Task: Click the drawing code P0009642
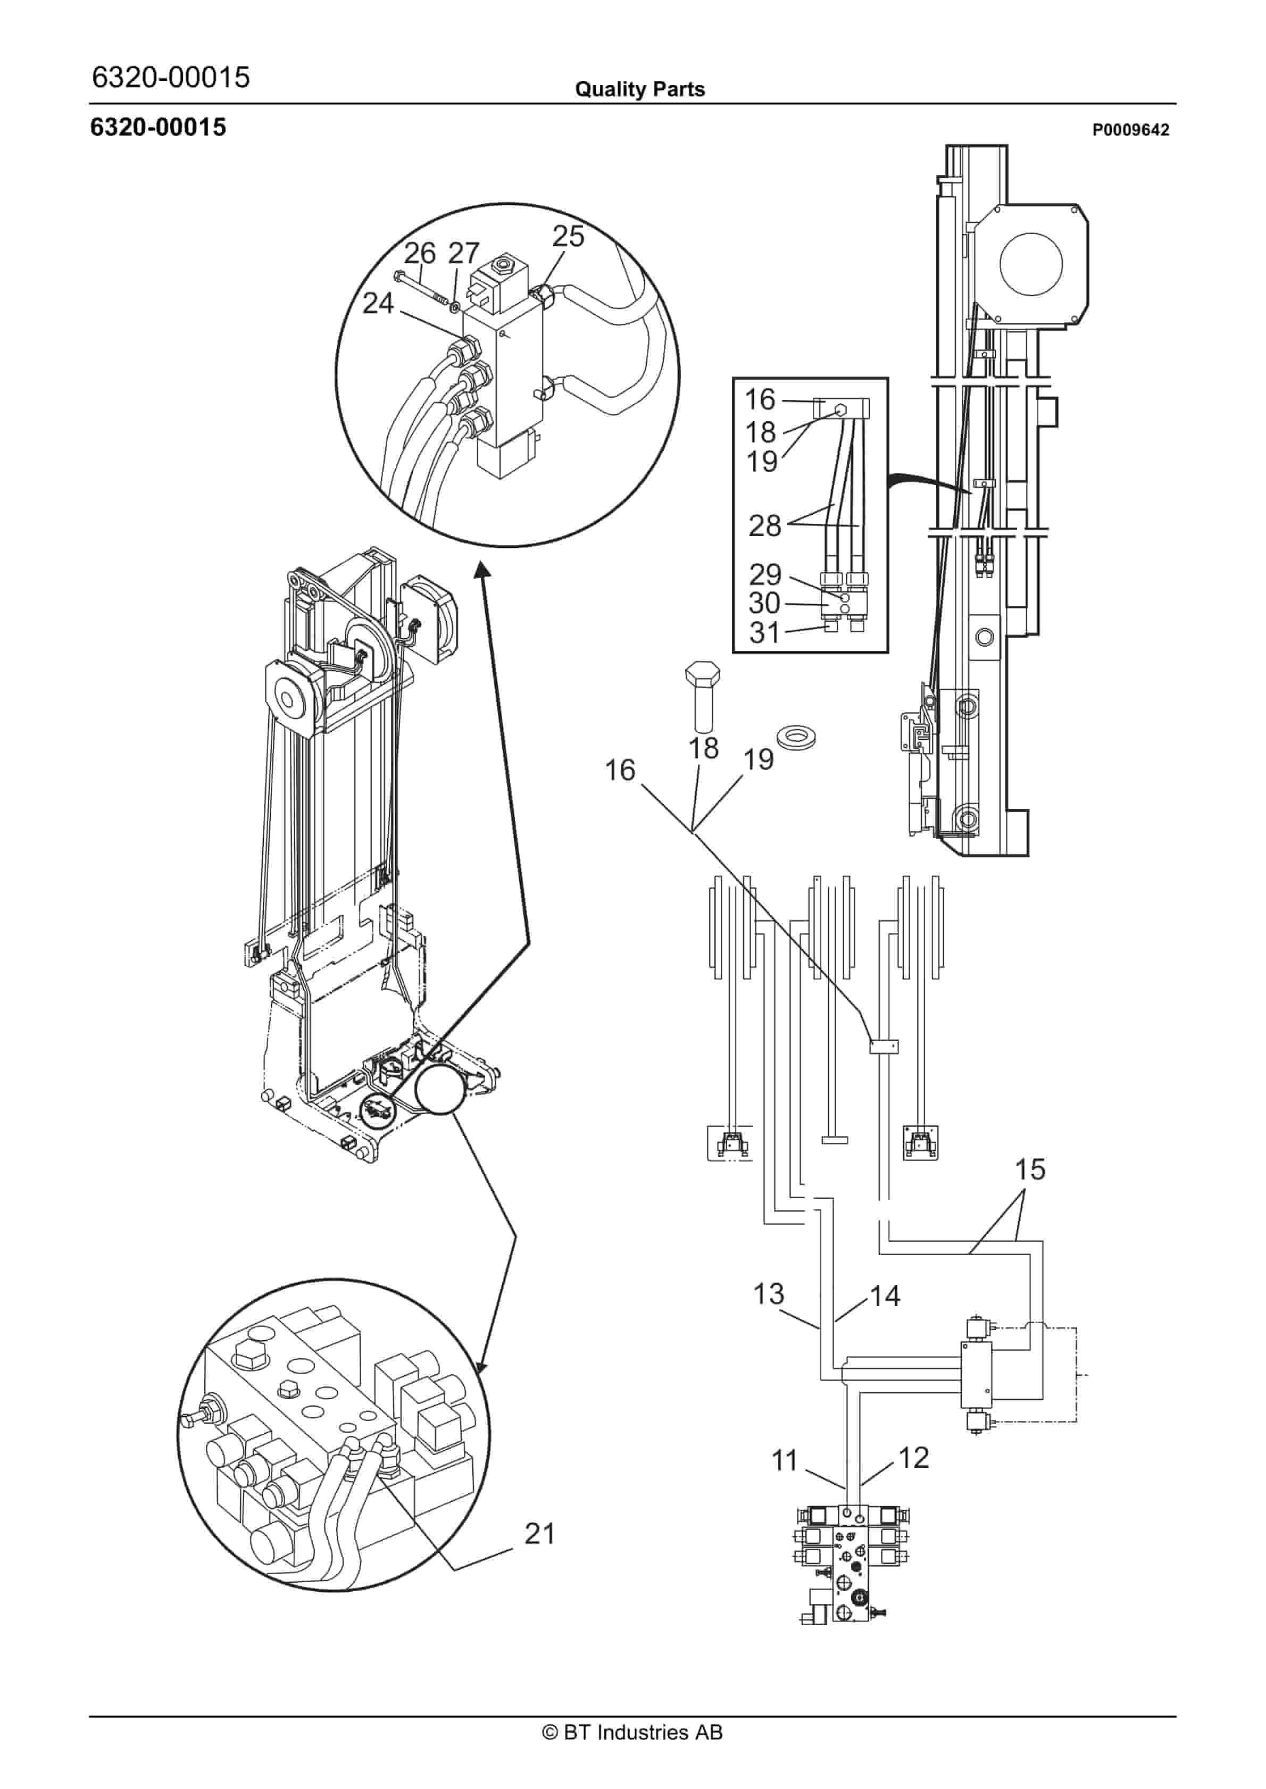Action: pos(1130,130)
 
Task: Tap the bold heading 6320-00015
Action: pos(159,127)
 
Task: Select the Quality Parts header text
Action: pos(639,89)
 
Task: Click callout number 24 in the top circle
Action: pos(378,303)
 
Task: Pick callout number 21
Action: pos(539,1533)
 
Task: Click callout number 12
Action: pos(914,1457)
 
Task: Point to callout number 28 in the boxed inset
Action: pos(765,526)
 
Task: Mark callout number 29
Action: pos(765,574)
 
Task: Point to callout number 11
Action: pos(785,1459)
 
